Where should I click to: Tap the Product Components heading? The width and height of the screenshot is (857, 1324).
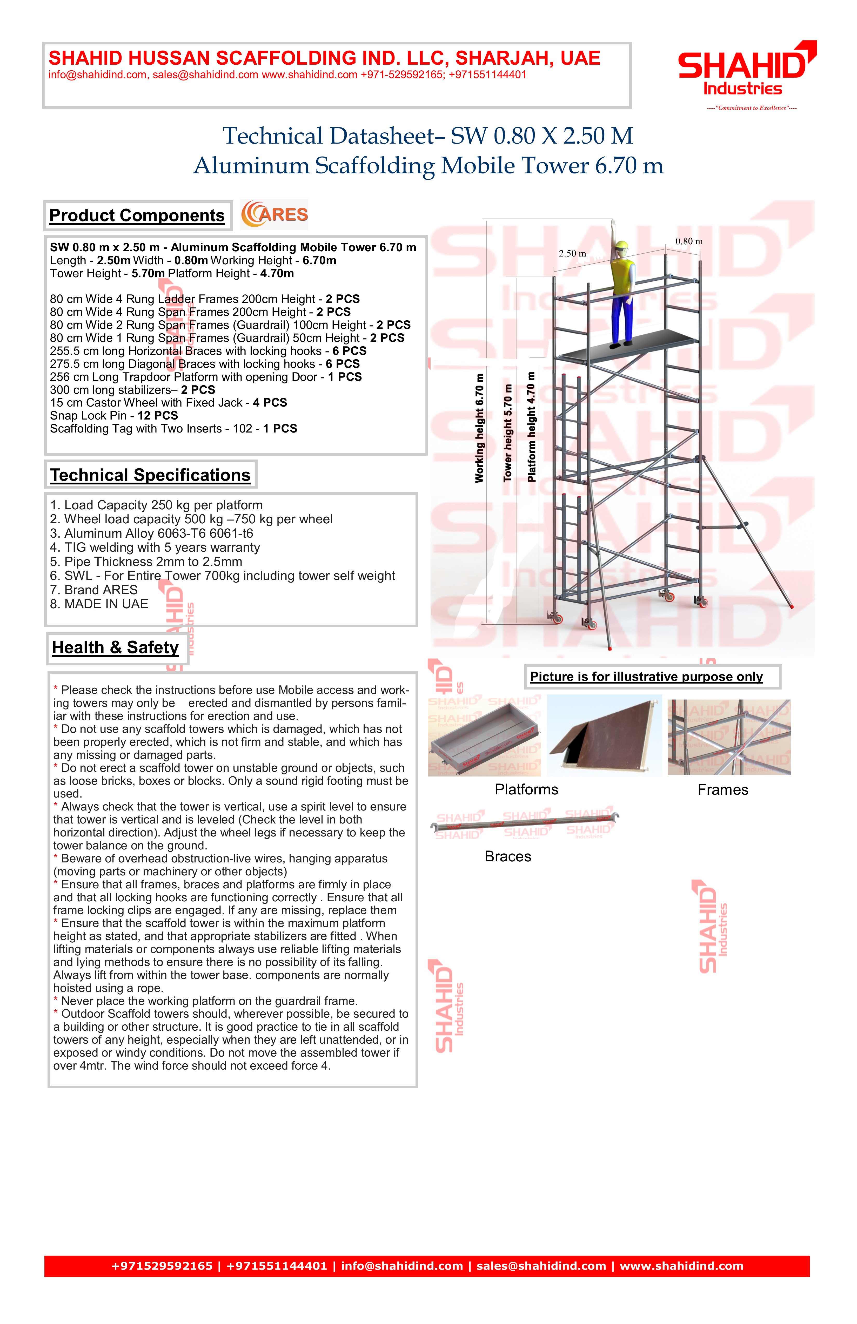tap(137, 215)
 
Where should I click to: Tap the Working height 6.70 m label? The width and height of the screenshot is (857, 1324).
tap(479, 427)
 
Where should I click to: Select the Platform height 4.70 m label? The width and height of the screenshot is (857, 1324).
tap(531, 427)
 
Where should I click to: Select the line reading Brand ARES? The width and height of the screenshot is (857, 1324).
tap(93, 590)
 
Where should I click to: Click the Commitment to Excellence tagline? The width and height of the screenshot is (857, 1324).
tap(751, 108)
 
